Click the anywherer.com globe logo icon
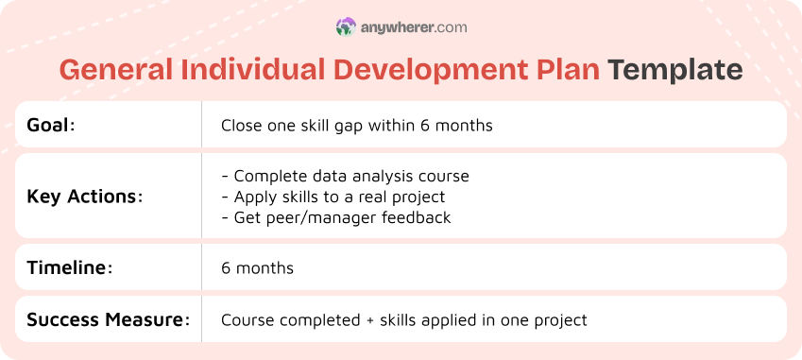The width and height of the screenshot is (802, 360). [346, 27]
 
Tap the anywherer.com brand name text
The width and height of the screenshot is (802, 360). [413, 27]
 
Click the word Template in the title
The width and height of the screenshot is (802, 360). [674, 71]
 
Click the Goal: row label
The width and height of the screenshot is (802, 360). [51, 125]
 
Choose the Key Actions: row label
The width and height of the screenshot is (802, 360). [85, 197]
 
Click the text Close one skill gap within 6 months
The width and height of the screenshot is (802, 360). [356, 125]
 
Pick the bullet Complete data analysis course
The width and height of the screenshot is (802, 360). [345, 176]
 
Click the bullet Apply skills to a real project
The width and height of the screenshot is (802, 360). [333, 197]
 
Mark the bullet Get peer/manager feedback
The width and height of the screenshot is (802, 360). [335, 217]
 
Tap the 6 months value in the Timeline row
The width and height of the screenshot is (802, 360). [257, 268]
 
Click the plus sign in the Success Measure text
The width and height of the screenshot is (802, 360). [368, 320]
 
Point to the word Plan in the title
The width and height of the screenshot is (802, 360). [567, 71]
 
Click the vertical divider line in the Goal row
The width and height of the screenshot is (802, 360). [201, 125]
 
